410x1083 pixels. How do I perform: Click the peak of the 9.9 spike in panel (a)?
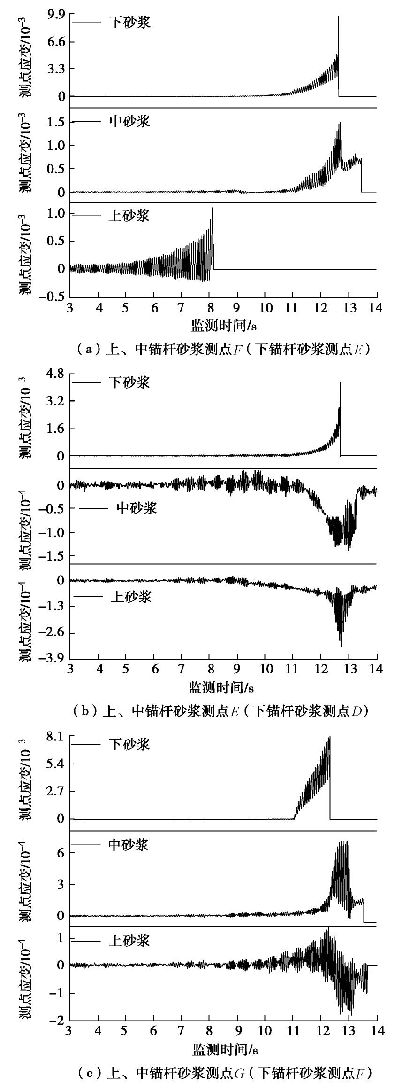[x=338, y=16]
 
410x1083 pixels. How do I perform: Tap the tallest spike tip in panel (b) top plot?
[x=340, y=382]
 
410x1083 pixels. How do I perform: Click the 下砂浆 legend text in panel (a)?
[x=130, y=22]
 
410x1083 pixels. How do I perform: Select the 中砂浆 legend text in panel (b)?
[x=137, y=508]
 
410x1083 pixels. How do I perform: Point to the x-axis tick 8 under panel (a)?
[x=209, y=308]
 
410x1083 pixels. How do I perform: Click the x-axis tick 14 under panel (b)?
[x=376, y=669]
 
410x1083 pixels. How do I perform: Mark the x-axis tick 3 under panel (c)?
[x=70, y=1031]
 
